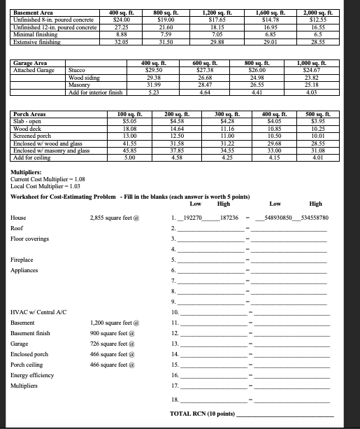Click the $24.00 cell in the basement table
tap(124, 20)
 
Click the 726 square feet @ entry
tap(114, 344)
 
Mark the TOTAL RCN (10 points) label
tap(202, 414)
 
